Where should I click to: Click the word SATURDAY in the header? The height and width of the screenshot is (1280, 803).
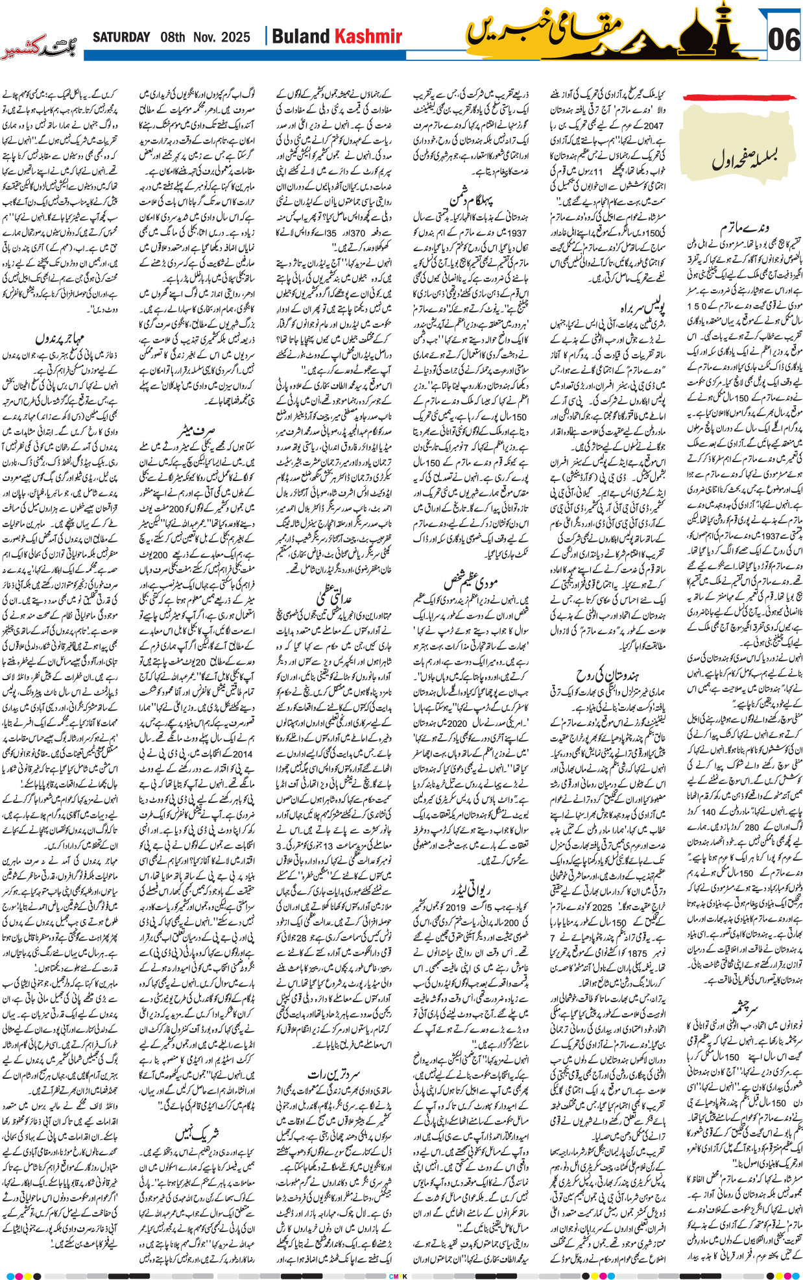click(x=122, y=37)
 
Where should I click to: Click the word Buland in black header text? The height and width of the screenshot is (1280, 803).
click(x=301, y=37)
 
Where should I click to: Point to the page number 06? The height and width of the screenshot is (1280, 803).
click(x=783, y=40)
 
